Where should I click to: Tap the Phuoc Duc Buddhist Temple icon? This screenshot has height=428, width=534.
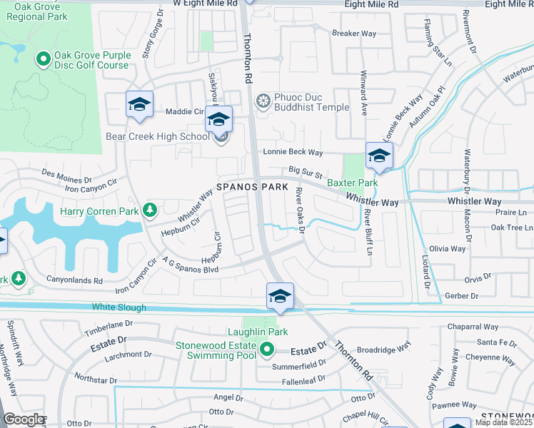[263, 102]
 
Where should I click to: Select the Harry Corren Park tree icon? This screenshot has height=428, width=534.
[149, 210]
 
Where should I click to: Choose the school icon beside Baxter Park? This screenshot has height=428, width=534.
[379, 156]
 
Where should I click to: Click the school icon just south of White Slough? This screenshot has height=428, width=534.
[281, 297]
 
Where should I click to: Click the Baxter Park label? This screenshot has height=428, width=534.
[352, 183]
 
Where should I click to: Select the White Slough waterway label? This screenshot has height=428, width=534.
[119, 307]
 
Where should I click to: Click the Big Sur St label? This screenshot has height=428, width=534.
[306, 172]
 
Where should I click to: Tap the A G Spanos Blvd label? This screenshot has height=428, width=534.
[189, 267]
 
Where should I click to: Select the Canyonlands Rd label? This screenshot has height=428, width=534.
[75, 280]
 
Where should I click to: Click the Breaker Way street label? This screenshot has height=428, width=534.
[354, 33]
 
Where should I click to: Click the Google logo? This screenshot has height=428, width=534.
[24, 419]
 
